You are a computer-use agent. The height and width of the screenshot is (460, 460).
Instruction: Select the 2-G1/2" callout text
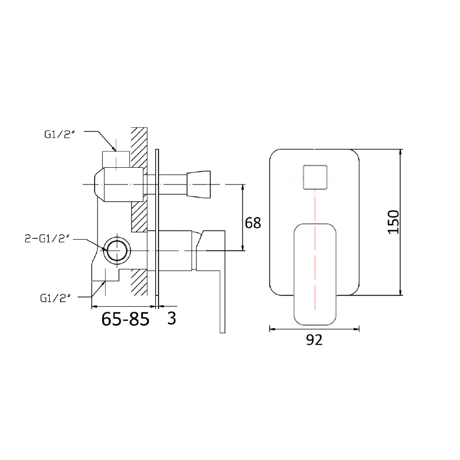click(48, 239)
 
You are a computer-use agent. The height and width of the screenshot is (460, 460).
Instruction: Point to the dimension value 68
click(253, 222)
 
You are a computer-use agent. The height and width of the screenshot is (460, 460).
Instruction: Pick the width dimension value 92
click(314, 340)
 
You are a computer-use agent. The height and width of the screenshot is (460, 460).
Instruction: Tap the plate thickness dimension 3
click(172, 318)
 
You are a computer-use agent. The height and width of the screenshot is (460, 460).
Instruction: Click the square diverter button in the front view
click(314, 177)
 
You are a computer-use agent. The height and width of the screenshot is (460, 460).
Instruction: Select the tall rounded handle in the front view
click(314, 273)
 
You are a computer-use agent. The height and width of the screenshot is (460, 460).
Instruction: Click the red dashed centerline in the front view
click(314, 227)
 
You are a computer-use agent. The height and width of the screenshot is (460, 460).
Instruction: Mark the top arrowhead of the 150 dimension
click(401, 152)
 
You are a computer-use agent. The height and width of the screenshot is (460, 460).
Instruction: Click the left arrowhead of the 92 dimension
click(272, 328)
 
